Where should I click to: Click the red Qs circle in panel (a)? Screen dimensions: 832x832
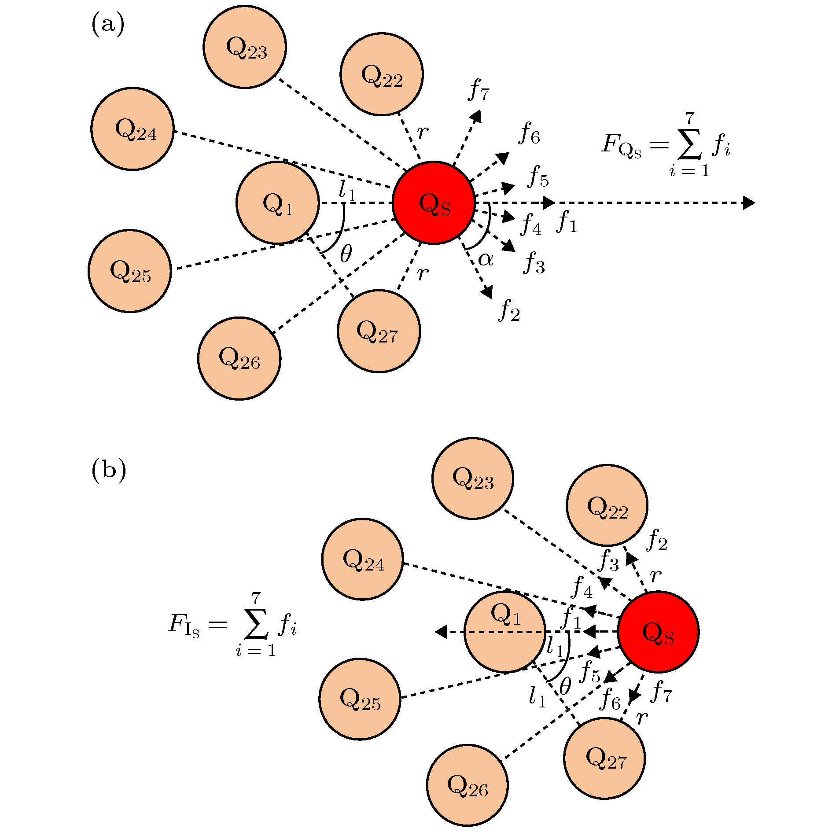click(x=434, y=203)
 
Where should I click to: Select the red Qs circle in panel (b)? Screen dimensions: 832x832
click(x=658, y=632)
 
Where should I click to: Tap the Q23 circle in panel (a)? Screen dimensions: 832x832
click(x=245, y=47)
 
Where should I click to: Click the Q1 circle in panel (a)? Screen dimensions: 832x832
click(x=278, y=203)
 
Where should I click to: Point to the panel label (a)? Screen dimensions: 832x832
click(x=108, y=24)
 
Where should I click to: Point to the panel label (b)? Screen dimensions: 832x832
click(x=109, y=470)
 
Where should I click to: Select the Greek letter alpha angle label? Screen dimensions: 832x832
click(x=485, y=259)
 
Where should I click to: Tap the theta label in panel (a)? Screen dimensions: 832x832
click(x=346, y=254)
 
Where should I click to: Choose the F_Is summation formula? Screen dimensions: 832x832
click(x=232, y=625)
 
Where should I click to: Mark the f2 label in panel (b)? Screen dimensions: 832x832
click(x=657, y=540)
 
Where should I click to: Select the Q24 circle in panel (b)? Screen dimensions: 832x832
click(x=362, y=559)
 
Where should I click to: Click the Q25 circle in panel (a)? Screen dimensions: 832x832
click(x=130, y=271)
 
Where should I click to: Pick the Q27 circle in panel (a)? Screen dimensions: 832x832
click(x=379, y=331)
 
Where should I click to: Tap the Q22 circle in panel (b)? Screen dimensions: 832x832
click(x=607, y=505)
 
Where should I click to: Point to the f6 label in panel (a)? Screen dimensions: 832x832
click(x=530, y=133)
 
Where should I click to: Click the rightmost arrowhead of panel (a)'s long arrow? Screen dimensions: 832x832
click(x=749, y=203)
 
